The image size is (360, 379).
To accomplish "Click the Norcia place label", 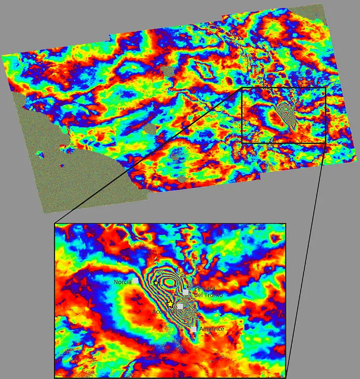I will (122, 282).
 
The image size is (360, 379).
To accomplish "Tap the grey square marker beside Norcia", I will (134, 280).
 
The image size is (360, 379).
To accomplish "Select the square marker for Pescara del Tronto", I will (186, 292).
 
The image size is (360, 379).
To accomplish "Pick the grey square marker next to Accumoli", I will (180, 306).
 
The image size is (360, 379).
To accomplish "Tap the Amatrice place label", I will (211, 329).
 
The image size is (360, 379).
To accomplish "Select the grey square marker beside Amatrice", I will (194, 328).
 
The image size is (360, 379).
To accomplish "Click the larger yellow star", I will (170, 303).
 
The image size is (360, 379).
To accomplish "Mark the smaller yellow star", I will (156, 283).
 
